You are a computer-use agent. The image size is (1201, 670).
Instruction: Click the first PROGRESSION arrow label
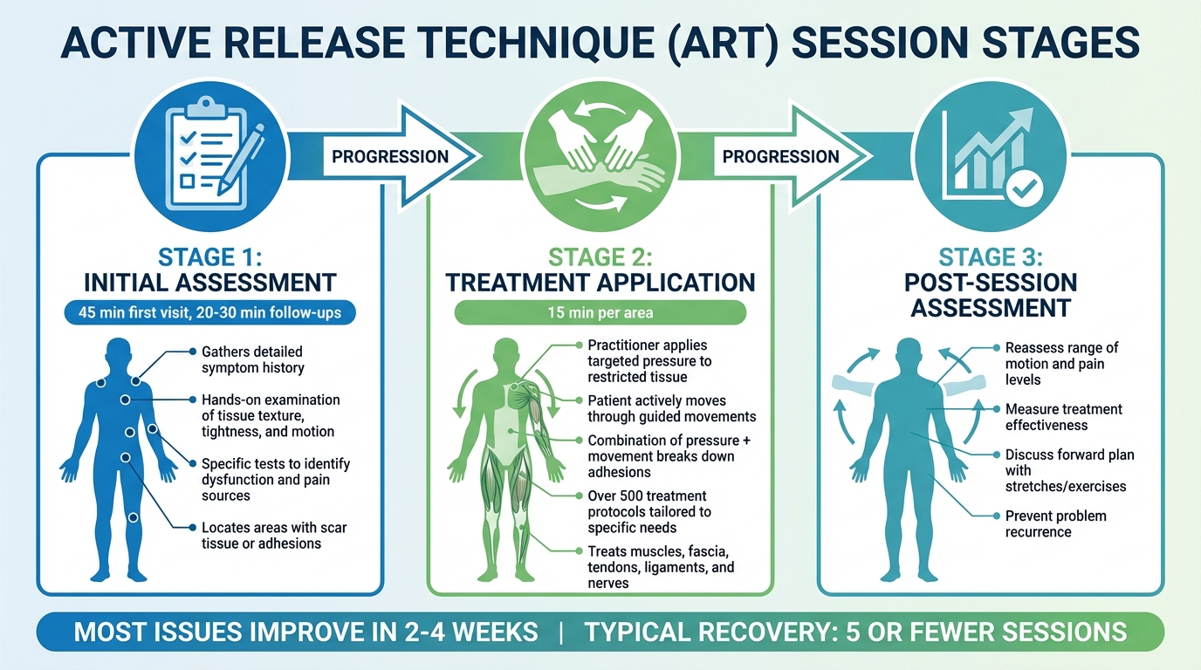(390, 156)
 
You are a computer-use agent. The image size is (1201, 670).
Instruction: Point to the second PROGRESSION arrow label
(780, 156)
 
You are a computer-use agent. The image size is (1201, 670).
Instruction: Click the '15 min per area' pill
(600, 312)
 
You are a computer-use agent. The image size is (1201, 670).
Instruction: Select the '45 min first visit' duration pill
(209, 312)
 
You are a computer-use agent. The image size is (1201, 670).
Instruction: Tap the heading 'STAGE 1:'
(210, 257)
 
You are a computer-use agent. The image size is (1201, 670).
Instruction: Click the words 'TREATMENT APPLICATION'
(600, 283)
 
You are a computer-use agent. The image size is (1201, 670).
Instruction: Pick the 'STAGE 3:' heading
(991, 257)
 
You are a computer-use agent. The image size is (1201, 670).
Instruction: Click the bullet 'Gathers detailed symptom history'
(252, 359)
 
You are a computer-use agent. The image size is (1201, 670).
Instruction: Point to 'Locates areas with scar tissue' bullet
(274, 536)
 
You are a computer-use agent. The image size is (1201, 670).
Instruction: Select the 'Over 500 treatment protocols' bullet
(649, 512)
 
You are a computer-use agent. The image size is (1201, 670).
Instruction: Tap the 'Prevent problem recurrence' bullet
(1055, 523)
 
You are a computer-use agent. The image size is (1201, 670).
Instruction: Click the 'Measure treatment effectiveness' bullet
(1063, 417)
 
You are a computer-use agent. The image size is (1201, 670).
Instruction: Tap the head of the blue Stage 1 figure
(119, 352)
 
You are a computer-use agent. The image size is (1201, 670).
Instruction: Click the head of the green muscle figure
(506, 352)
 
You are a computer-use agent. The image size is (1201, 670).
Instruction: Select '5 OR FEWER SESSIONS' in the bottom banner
(986, 632)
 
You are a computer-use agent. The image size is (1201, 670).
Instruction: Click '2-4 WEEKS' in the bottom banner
(468, 632)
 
